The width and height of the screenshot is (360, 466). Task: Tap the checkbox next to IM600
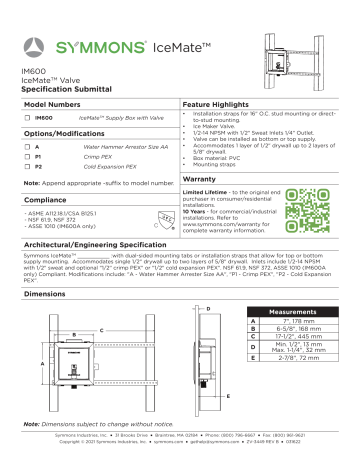point(27,118)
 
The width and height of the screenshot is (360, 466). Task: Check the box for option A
point(27,147)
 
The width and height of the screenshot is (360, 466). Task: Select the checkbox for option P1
point(27,157)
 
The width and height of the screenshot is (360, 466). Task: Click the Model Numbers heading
point(52,104)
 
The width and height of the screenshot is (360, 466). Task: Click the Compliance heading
point(44,200)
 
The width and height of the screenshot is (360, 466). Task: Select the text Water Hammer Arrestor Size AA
point(117,147)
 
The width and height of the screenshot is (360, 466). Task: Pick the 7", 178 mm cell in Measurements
point(292,323)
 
